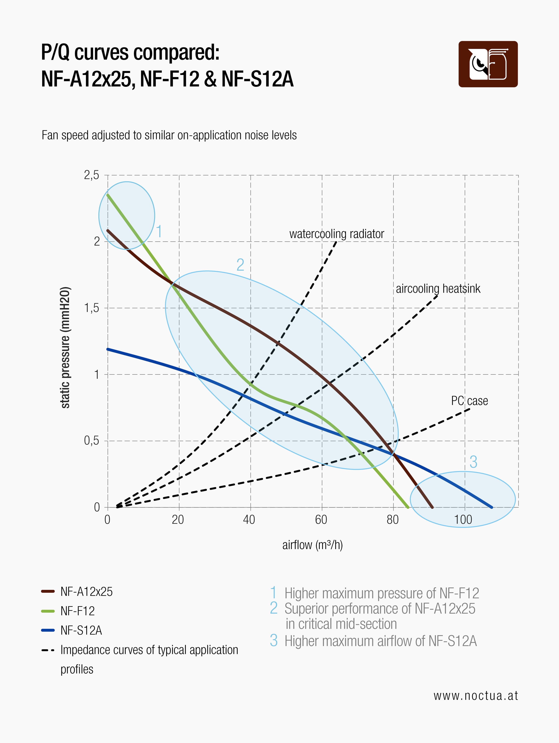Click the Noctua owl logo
[488, 64]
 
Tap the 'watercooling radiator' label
[337, 234]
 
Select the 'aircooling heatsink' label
[438, 288]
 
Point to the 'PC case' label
[469, 401]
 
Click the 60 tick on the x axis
[321, 520]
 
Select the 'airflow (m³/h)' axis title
[312, 545]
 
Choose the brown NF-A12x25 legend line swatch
[48, 591]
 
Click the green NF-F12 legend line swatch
[48, 611]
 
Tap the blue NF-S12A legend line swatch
[48, 630]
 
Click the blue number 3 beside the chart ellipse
[473, 462]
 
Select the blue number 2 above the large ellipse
[240, 265]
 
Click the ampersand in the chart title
[210, 79]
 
